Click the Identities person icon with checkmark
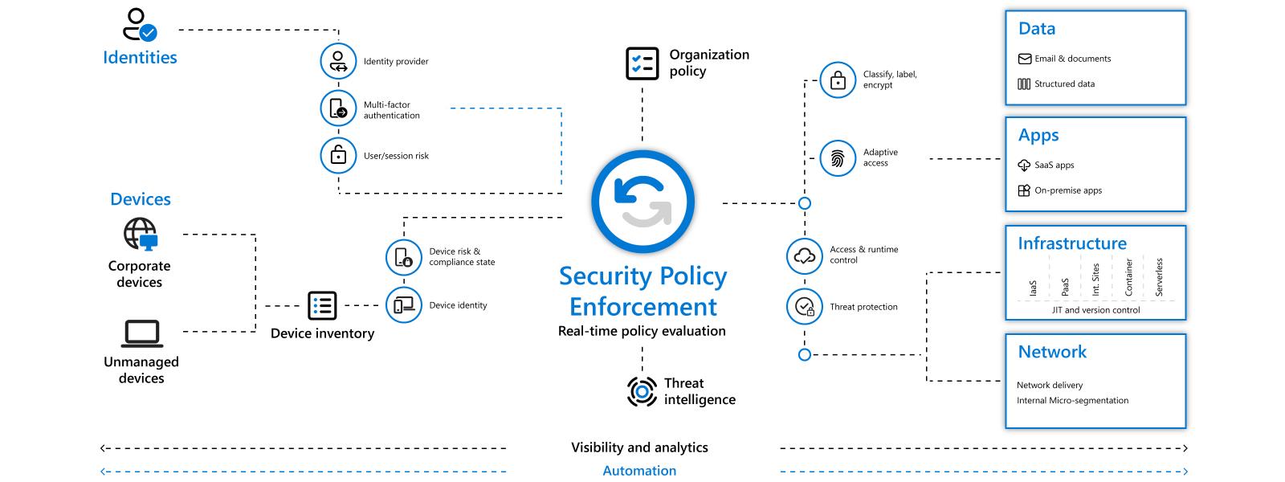point(139,25)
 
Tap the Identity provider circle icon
point(338,61)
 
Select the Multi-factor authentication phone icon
point(338,109)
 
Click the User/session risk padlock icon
point(338,156)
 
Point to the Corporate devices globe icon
point(140,235)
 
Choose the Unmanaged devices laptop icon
point(141,332)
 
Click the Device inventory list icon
point(322,305)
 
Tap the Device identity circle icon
point(403,305)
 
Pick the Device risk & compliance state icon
point(403,257)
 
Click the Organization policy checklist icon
point(642,63)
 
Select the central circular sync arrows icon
point(642,202)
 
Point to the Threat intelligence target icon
point(642,391)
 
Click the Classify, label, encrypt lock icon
point(838,80)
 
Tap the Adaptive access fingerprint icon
point(838,157)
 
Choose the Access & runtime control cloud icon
point(804,255)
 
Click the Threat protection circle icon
point(804,306)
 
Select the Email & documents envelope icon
point(1024,59)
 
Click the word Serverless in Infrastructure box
point(1159,277)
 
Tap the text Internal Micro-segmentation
point(1072,400)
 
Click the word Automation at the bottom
point(639,471)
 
